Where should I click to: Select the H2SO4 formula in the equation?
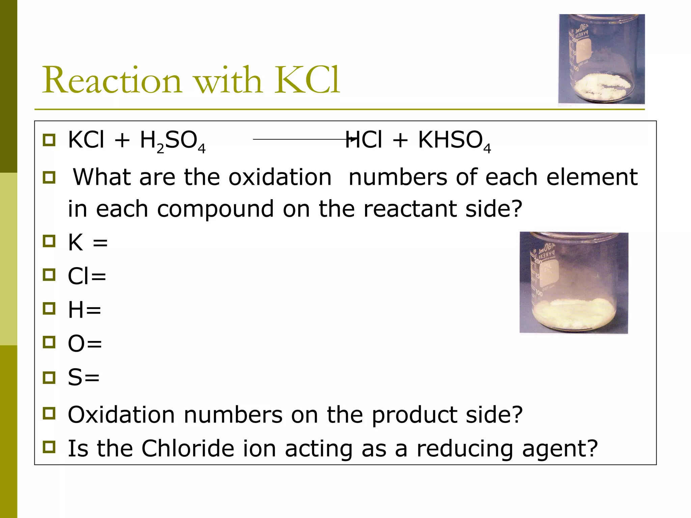pos(172,141)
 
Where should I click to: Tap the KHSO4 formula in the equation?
pos(454,141)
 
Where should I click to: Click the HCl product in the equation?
pos(364,140)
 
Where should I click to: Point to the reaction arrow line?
pos(300,139)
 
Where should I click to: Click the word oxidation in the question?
pos(280,177)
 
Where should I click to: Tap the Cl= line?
pos(87,276)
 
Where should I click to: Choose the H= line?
pos(84,310)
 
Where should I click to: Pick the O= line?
pos(85,344)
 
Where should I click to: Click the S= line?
pos(84,377)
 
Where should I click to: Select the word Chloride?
pos(187,449)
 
